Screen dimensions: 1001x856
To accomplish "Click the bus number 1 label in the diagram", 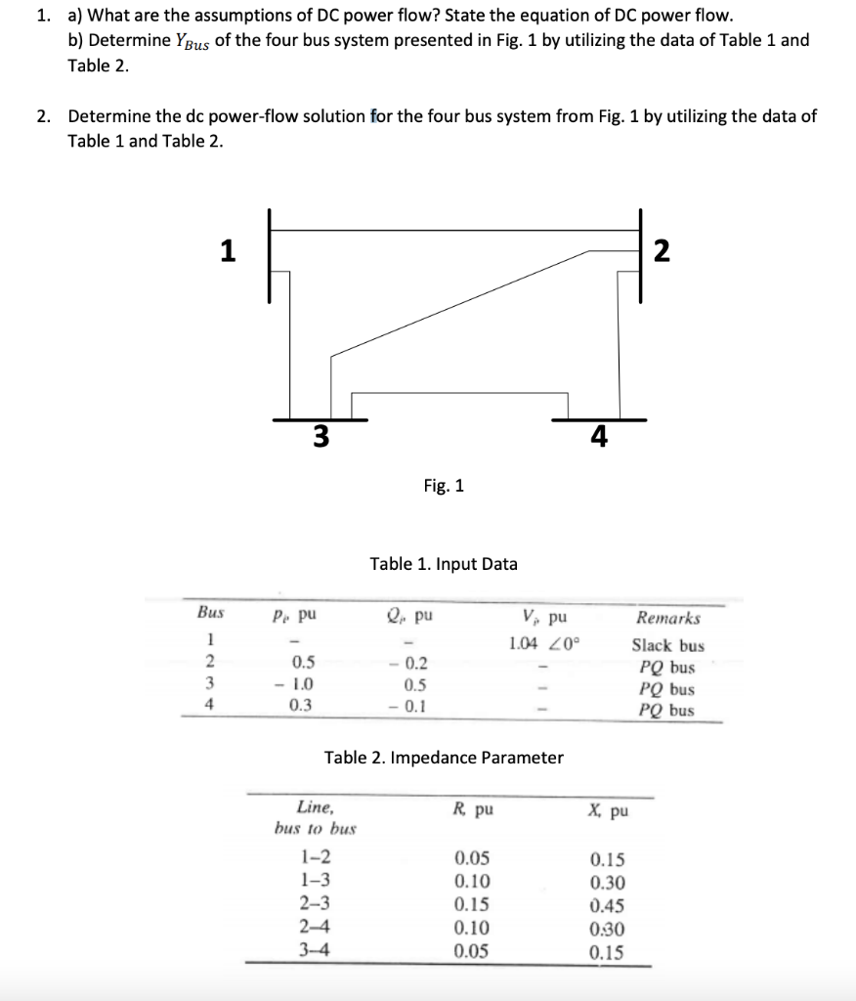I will click(x=227, y=251).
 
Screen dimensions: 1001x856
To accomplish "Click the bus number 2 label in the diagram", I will click(x=662, y=251).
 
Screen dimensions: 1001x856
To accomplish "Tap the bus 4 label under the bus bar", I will click(x=599, y=437).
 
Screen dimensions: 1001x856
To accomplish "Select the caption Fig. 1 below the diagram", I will click(x=444, y=485).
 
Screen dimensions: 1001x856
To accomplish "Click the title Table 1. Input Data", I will click(x=444, y=564).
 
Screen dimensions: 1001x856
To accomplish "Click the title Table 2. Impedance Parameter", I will click(x=444, y=758).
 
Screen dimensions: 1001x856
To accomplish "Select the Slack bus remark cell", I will click(x=667, y=645).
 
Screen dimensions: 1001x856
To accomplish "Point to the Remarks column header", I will click(x=668, y=618).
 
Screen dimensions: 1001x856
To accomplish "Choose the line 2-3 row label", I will click(x=315, y=904).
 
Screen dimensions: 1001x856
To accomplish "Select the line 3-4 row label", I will click(x=315, y=950).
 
